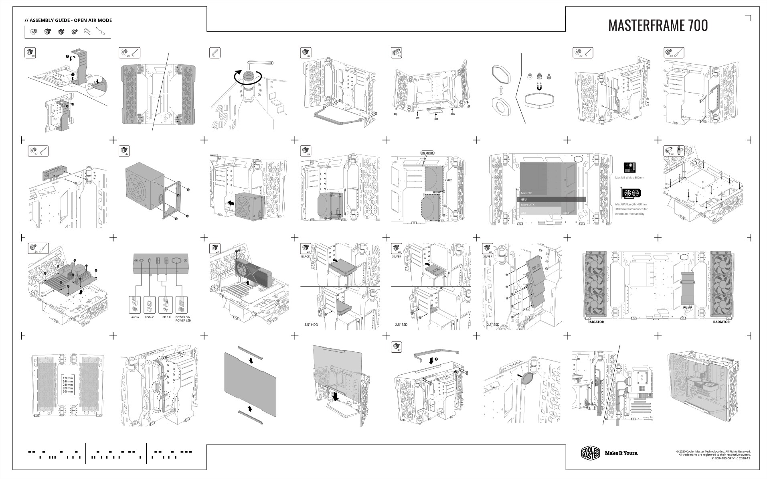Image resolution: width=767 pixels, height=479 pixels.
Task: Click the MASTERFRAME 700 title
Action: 658,25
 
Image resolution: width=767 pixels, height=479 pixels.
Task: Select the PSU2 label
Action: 448,180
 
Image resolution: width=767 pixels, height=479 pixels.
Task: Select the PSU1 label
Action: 445,205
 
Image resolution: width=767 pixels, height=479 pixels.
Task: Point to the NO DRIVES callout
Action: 427,153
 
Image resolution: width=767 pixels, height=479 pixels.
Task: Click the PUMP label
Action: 687,308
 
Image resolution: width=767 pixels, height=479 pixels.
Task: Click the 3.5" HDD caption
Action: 311,325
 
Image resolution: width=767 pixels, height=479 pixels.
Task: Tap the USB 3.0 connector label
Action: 165,317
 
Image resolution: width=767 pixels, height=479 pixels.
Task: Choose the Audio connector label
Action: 135,317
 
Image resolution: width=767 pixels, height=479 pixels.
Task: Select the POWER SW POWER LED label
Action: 183,319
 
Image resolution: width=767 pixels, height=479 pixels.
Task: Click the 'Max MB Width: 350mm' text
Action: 629,177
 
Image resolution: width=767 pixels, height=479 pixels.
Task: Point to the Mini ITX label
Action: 526,193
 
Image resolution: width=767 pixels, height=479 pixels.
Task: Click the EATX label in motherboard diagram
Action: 565,213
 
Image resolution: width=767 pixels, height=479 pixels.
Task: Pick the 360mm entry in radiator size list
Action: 68,392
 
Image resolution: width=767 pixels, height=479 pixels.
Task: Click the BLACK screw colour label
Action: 306,256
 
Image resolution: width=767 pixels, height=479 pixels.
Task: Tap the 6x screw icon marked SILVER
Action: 488,248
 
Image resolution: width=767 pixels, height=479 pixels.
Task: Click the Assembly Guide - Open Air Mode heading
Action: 68,20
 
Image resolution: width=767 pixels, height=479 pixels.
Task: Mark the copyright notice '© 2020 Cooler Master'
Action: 713,451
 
